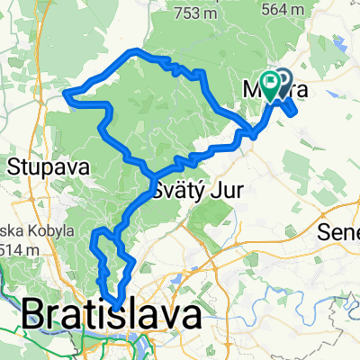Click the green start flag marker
271,84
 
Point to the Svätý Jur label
191,192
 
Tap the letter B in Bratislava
34,314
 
